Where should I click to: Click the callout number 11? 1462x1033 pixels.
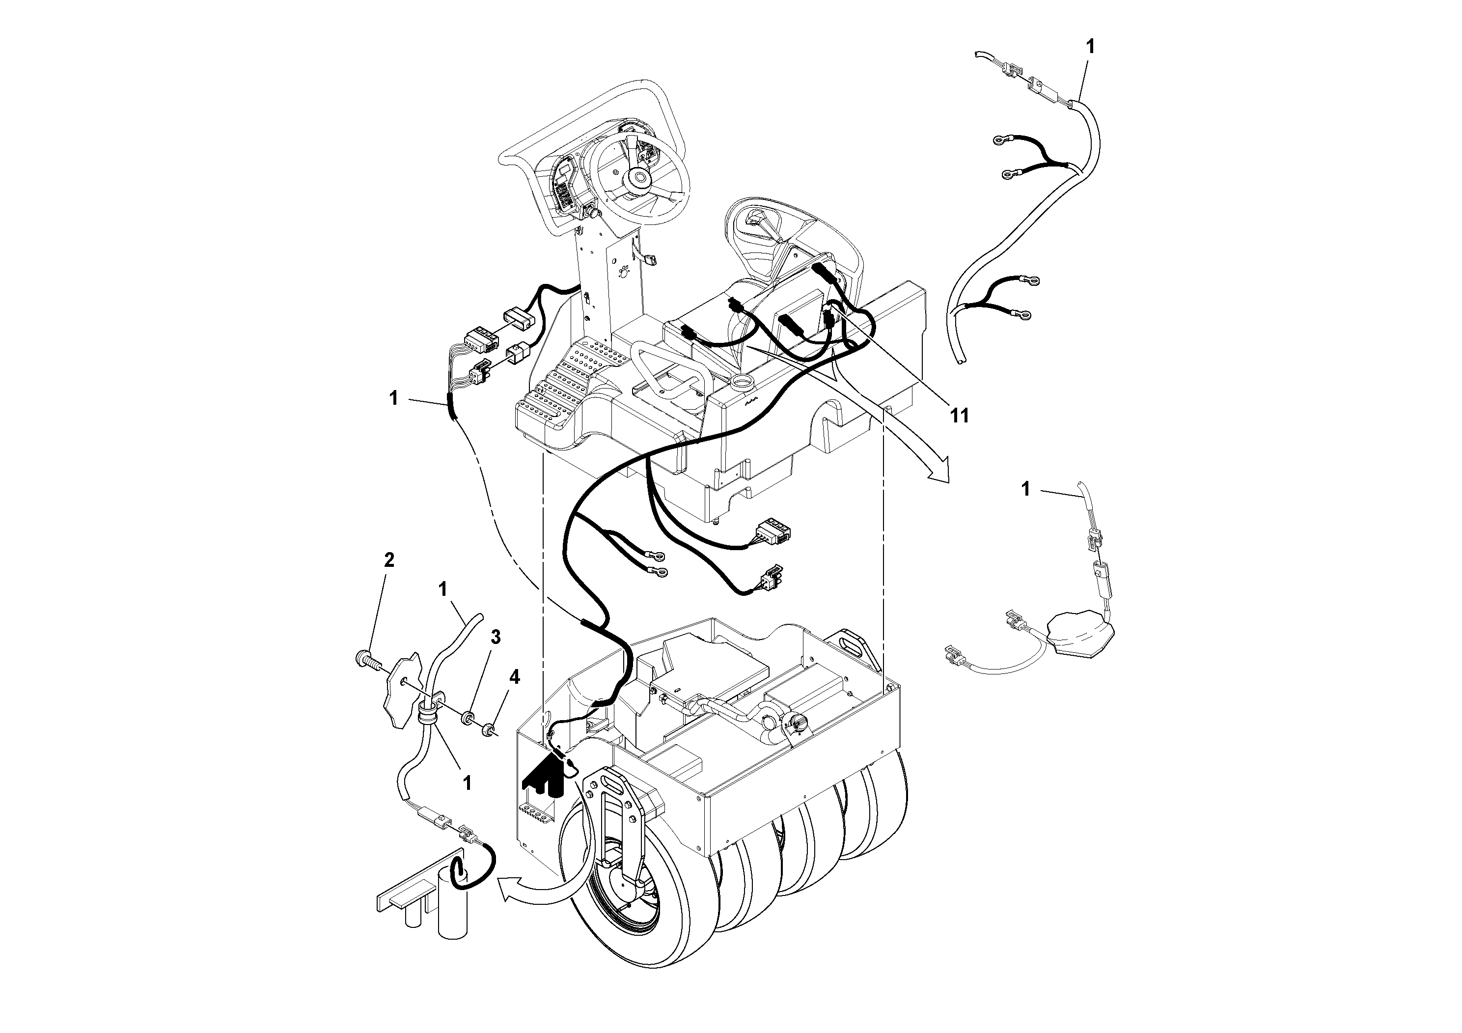tap(959, 416)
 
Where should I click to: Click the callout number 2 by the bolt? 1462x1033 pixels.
tap(389, 560)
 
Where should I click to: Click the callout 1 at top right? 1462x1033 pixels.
tap(1090, 46)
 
